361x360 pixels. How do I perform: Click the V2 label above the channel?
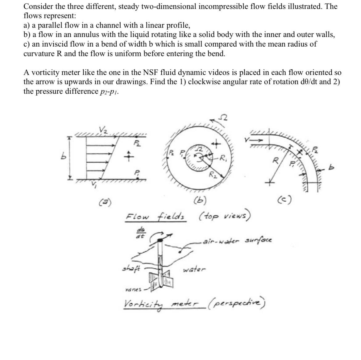click(x=102, y=130)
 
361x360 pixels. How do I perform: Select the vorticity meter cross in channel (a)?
click(x=126, y=157)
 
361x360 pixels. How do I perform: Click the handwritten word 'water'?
click(x=194, y=269)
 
